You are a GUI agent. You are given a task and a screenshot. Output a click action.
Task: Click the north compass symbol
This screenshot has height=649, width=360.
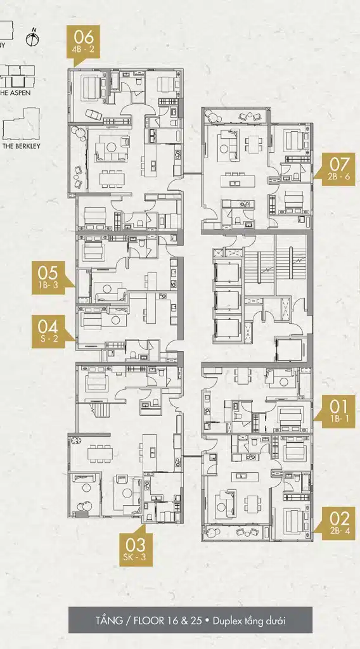pyautogui.click(x=33, y=39)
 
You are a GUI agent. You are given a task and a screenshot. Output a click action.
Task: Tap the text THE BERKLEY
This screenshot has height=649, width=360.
pyautogui.click(x=21, y=146)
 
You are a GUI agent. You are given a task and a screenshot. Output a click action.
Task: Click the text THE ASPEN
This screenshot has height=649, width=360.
pyautogui.click(x=15, y=93)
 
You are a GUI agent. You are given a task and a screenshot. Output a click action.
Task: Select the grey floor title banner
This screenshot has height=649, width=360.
pyautogui.click(x=190, y=620)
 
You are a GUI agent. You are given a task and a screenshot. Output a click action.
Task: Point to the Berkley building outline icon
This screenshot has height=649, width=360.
pyautogui.click(x=21, y=124)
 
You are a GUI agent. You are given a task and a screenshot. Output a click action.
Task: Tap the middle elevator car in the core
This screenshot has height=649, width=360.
pyautogui.click(x=227, y=300)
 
